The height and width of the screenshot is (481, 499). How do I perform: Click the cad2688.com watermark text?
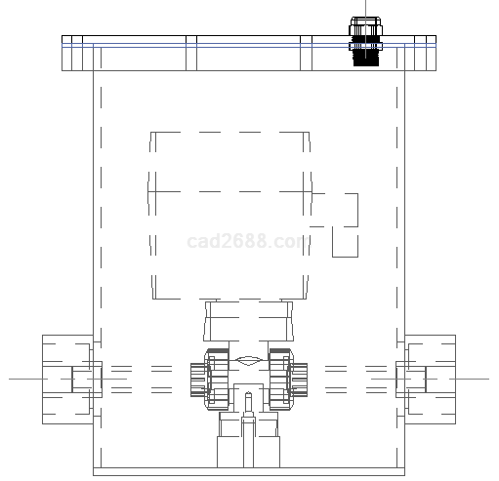pos(248,241)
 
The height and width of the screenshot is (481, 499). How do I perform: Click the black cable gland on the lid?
pos(365,42)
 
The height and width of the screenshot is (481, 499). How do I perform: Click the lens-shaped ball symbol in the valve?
pos(248,360)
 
